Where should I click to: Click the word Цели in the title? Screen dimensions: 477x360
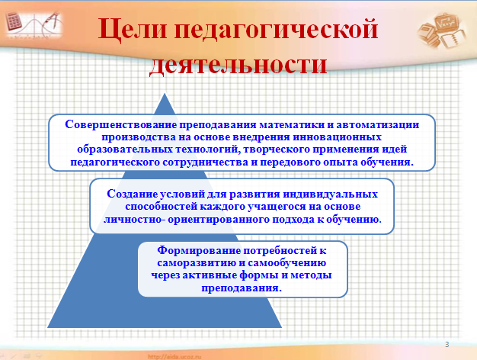pos(133,30)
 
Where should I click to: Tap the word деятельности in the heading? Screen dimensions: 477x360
pos(238,65)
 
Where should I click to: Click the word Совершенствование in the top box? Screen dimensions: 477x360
pos(120,124)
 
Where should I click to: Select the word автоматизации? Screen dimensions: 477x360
pos(377,124)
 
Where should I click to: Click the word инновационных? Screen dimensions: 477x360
pos(337,137)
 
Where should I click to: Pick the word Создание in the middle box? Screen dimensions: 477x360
pos(133,194)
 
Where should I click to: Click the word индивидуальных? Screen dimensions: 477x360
pos(331,194)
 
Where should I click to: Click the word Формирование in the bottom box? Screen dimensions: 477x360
pos(199,250)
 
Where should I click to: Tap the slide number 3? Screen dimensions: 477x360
pos(447,345)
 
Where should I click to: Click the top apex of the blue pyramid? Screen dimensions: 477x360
pos(165,94)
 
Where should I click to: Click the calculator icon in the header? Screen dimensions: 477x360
pos(14,21)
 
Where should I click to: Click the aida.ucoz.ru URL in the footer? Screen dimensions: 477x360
pos(174,357)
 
